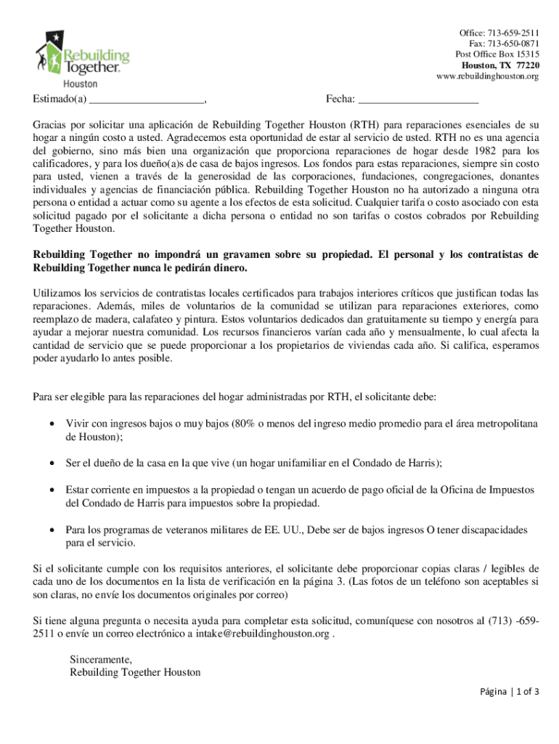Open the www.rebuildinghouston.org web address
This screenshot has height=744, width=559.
click(487, 76)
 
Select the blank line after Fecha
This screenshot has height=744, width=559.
click(419, 100)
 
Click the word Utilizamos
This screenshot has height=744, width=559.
click(61, 293)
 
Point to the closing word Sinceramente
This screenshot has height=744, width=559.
click(101, 660)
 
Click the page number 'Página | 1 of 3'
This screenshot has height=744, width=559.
click(509, 692)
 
